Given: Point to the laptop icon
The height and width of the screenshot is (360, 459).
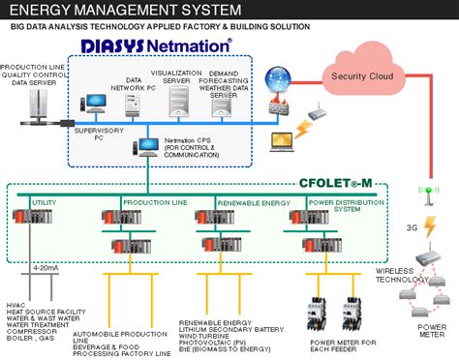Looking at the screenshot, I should click(282, 143).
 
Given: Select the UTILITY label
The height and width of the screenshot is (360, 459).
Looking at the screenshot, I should click(46, 203).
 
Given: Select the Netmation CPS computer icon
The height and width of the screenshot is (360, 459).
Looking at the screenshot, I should click(148, 146).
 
